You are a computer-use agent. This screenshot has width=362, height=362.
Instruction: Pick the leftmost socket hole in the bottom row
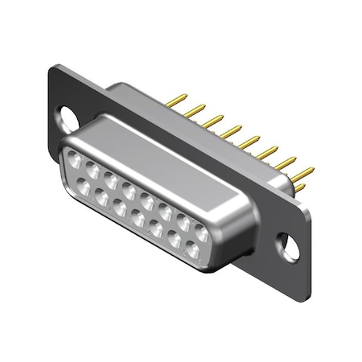[83, 187]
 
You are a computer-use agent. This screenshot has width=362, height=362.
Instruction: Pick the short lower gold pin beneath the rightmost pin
[299, 188]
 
